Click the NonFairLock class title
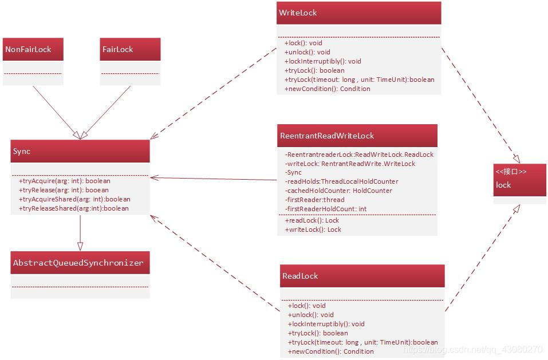click(29, 50)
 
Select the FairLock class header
click(117, 50)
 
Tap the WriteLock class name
click(298, 13)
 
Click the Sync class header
click(22, 151)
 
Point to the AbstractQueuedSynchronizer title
click(78, 263)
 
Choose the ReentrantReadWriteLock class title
click(327, 136)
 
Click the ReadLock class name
click(300, 276)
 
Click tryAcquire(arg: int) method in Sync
click(64, 181)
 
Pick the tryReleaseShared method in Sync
click(74, 208)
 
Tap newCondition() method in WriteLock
click(327, 89)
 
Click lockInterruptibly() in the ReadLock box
click(326, 324)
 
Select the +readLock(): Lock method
click(312, 220)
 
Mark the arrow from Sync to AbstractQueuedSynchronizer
click(80, 232)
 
